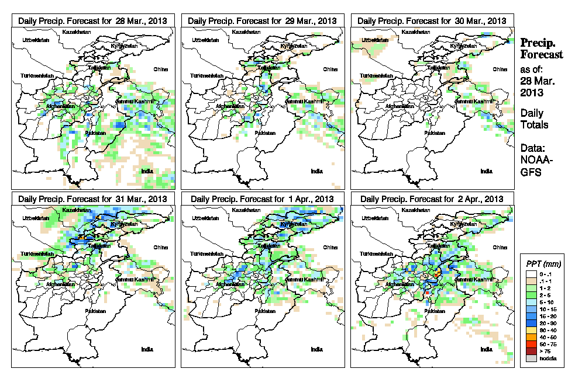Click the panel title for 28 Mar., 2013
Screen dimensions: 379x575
92,20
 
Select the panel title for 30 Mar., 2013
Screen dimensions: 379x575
432,20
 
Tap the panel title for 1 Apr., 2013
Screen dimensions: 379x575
262,199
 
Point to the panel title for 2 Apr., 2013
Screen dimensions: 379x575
432,199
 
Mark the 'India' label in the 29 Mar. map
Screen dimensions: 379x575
316,171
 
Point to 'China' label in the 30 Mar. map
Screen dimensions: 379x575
500,69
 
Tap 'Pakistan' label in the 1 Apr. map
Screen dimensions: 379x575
263,311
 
